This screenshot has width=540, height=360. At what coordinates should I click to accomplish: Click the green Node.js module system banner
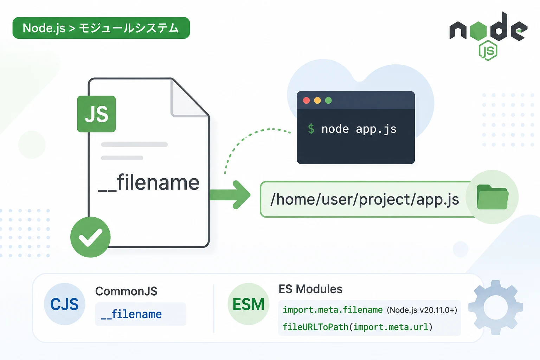click(x=101, y=28)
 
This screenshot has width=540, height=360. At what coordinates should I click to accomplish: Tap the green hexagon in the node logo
click(x=478, y=31)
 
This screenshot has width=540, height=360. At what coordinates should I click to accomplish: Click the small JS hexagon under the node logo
click(x=488, y=50)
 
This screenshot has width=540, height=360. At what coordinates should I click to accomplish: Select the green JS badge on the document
click(x=96, y=114)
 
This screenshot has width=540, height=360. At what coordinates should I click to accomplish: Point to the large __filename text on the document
click(x=148, y=182)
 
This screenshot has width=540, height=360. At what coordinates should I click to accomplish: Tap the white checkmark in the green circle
click(x=90, y=237)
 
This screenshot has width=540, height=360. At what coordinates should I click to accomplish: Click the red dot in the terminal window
click(x=307, y=100)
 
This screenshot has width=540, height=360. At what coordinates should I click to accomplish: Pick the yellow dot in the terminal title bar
click(x=317, y=100)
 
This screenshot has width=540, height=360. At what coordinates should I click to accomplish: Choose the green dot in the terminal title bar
click(x=328, y=100)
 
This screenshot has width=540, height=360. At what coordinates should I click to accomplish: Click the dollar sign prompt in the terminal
click(x=311, y=129)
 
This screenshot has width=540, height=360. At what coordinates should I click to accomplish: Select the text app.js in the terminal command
click(x=376, y=129)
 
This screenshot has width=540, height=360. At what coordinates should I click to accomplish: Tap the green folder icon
click(x=493, y=197)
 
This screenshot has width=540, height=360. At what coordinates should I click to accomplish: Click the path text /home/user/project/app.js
click(x=365, y=199)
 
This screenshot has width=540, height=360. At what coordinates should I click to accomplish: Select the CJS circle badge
click(x=64, y=304)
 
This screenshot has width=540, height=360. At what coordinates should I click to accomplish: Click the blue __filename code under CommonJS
click(x=131, y=314)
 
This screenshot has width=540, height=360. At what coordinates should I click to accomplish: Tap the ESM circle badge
click(x=248, y=304)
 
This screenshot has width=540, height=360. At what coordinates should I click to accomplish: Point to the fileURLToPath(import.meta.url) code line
click(x=358, y=327)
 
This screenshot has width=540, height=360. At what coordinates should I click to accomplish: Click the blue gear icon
click(x=496, y=307)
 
